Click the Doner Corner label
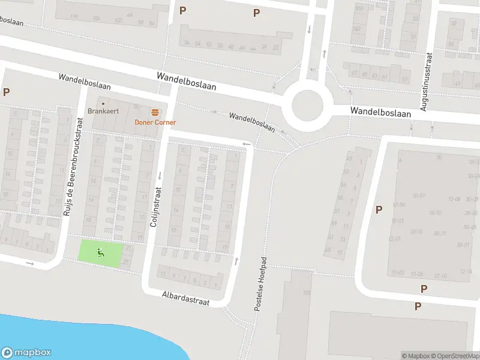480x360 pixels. pos(155,122)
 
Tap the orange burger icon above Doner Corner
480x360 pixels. pos(155,112)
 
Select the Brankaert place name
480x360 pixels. pos(100,111)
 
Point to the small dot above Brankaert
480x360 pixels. pos(103,103)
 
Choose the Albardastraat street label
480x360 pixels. pos(185,299)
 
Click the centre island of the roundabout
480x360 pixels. pos(311,105)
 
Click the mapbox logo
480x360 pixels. pos(26,353)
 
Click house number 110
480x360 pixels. pos(74,16)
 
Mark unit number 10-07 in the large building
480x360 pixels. pos(418,195)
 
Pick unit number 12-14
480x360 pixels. pos(466,272)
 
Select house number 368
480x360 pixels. pos(359,8)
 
